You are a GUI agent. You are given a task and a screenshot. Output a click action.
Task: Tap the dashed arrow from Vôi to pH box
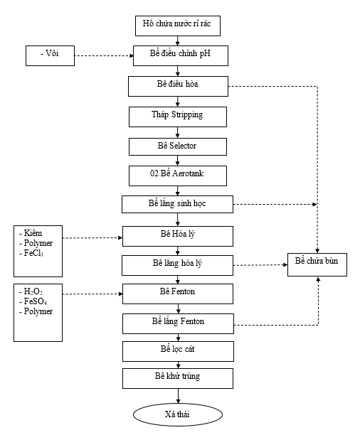click(104, 55)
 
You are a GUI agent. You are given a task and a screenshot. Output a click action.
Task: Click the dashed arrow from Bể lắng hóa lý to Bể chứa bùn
click(260, 265)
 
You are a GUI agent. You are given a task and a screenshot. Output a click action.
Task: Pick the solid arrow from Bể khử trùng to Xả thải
click(178, 396)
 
